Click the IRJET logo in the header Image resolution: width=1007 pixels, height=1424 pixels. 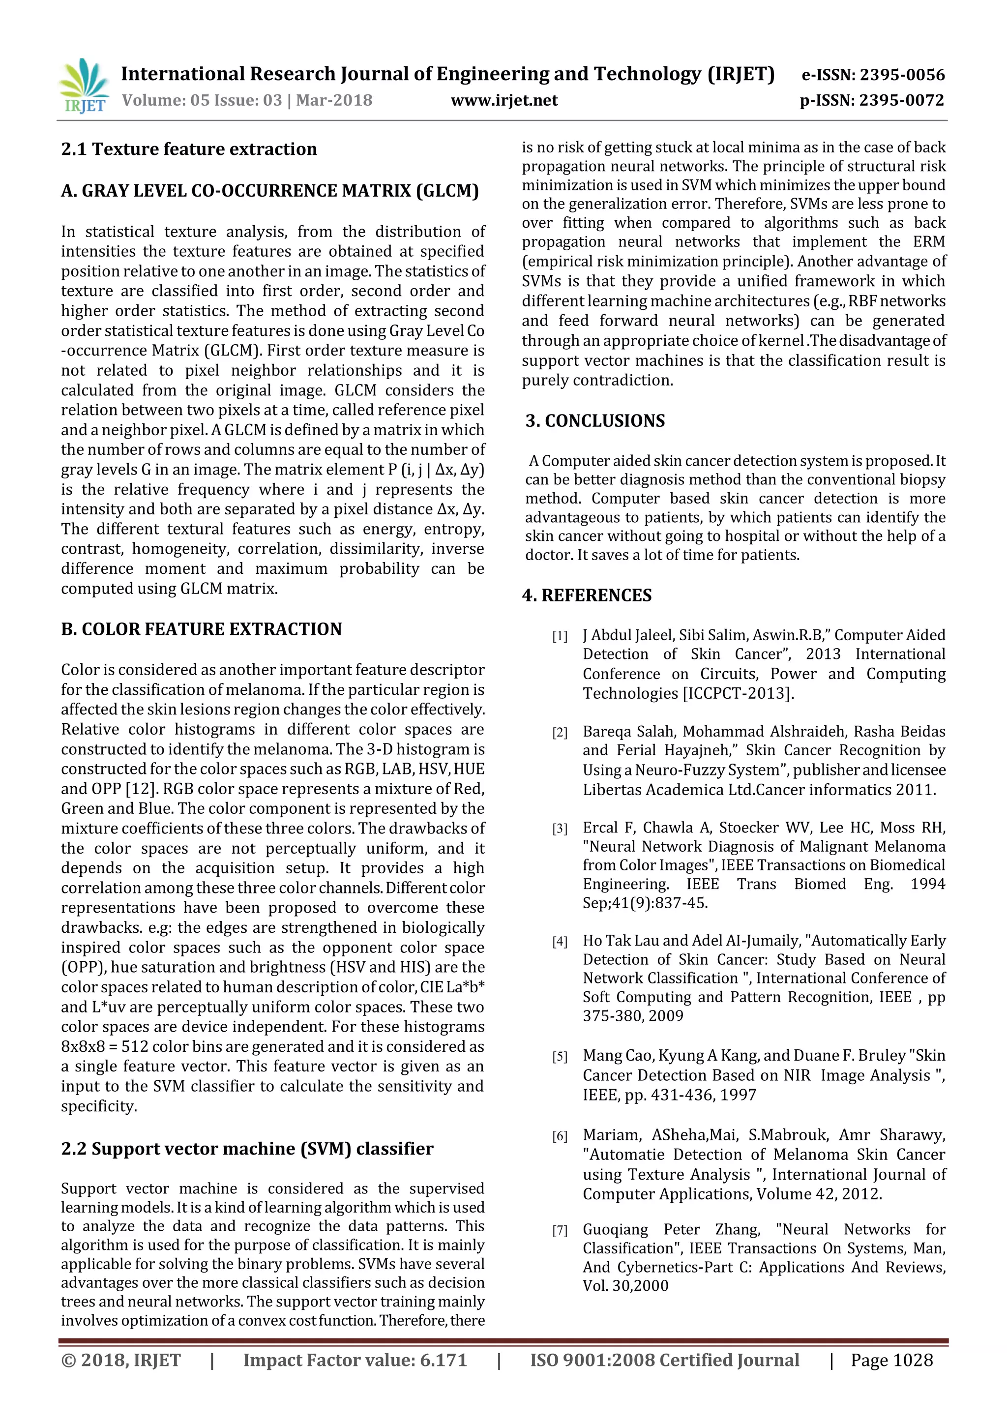point(84,87)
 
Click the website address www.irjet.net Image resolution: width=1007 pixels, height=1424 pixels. point(503,100)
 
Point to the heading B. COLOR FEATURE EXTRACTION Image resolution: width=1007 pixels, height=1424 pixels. point(201,629)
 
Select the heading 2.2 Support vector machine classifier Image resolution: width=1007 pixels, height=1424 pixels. point(247,1149)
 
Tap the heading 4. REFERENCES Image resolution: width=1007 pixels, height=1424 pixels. point(587,595)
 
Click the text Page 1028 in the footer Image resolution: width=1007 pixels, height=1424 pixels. point(891,1360)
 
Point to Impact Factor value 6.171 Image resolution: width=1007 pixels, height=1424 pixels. point(355,1360)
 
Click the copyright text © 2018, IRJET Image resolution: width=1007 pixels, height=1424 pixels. point(121,1360)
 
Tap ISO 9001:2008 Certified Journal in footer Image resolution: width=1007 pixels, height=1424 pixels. point(664,1360)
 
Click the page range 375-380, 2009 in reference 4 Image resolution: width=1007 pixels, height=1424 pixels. point(632,1016)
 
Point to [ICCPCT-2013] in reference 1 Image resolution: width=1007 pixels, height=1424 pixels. point(738,693)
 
